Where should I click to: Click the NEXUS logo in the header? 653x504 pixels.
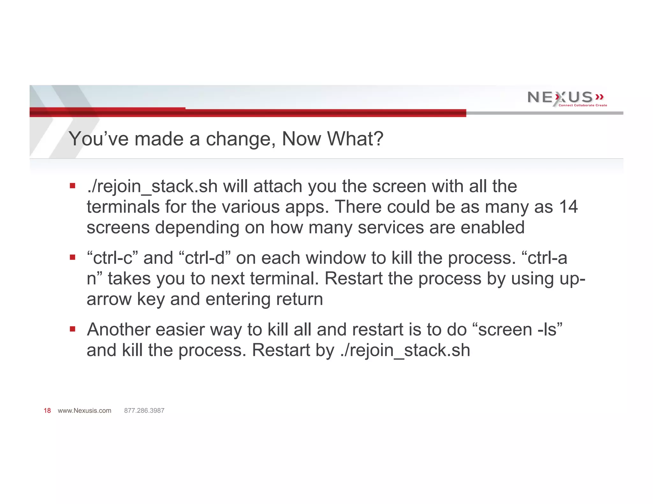point(565,97)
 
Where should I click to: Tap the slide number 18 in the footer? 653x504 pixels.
point(47,411)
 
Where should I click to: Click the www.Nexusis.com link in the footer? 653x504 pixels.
point(84,411)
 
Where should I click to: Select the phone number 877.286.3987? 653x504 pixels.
point(144,411)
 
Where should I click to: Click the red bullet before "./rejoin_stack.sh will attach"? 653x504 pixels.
point(73,186)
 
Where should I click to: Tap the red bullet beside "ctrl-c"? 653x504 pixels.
point(73,257)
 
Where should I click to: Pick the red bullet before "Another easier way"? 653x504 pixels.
point(73,329)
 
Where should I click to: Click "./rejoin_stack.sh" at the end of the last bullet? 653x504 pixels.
point(405,350)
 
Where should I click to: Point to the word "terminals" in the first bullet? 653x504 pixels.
point(123,207)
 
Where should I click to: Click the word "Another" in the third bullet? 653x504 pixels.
point(118,329)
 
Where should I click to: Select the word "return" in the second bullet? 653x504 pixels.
point(299,299)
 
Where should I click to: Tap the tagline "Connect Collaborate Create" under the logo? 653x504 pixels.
point(583,105)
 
